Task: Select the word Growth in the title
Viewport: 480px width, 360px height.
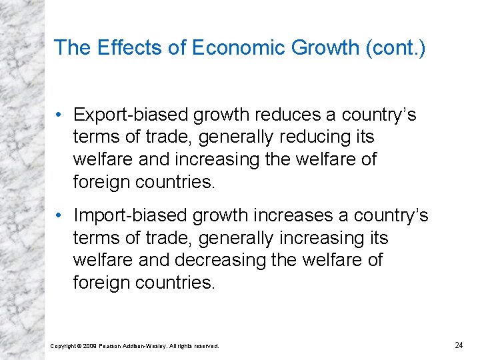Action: point(322,47)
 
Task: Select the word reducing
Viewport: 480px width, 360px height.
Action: point(308,137)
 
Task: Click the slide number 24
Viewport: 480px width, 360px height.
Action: point(458,345)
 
